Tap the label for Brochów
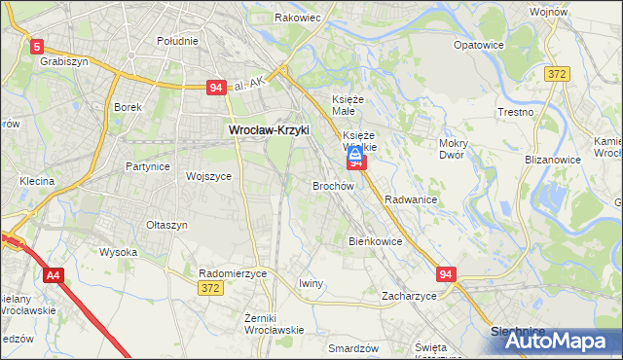[332, 185]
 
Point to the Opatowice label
[478, 45]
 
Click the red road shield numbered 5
[37, 46]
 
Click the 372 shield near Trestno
[557, 74]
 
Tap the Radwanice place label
[410, 199]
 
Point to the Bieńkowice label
[375, 240]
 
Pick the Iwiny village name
[311, 283]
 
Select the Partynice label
[148, 166]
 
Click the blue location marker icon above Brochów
[356, 154]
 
